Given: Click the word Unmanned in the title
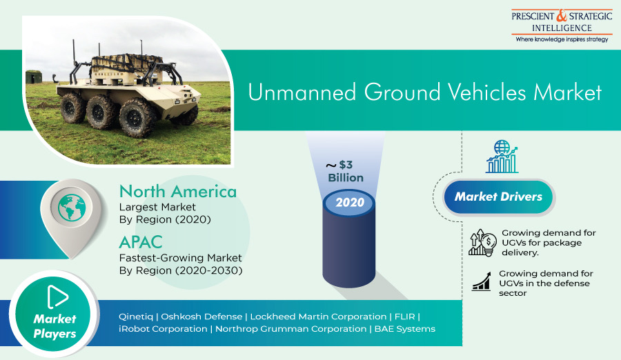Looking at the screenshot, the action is pyautogui.click(x=302, y=92).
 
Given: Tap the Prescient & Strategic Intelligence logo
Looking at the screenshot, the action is pyautogui.click(x=562, y=26).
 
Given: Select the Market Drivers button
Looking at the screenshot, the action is pyautogui.click(x=498, y=197).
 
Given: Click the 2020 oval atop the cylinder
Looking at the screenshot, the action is pyautogui.click(x=350, y=203).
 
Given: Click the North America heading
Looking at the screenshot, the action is pyautogui.click(x=178, y=192).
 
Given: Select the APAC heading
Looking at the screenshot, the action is pyautogui.click(x=141, y=242).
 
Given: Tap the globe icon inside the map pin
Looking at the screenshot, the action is pyautogui.click(x=72, y=207).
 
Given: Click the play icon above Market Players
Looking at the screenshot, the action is pyautogui.click(x=57, y=297).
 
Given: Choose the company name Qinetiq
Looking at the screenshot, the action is pyautogui.click(x=136, y=317).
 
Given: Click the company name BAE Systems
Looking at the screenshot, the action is pyautogui.click(x=405, y=329).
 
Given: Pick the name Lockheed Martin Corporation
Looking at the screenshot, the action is pyautogui.click(x=318, y=317).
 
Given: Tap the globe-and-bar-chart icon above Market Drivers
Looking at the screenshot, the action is pyautogui.click(x=502, y=157).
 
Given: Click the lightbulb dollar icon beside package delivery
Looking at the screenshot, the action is pyautogui.click(x=482, y=242).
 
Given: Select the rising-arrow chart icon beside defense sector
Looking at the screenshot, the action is pyautogui.click(x=482, y=281).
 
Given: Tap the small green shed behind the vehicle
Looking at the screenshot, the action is pyautogui.click(x=34, y=77).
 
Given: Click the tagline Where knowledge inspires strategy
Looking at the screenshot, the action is pyautogui.click(x=562, y=39).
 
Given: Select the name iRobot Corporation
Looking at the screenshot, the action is pyautogui.click(x=163, y=329).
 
